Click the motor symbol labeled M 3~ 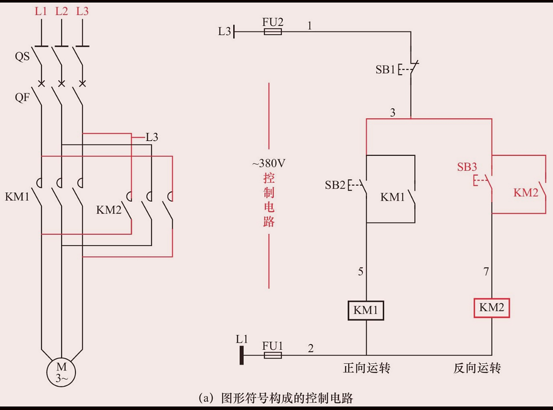pyautogui.click(x=61, y=372)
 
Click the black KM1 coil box pyautogui.click(x=366, y=310)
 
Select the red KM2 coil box pyautogui.click(x=492, y=308)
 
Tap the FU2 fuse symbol pyautogui.click(x=273, y=31)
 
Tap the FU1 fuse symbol pyautogui.click(x=273, y=355)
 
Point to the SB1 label pyautogui.click(x=385, y=70)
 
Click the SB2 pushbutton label pyautogui.click(x=335, y=185)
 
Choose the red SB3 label pyautogui.click(x=467, y=167)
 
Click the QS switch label pyautogui.click(x=22, y=56)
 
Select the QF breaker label pyautogui.click(x=22, y=97)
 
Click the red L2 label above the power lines pyautogui.click(x=61, y=11)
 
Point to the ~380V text pyautogui.click(x=268, y=163)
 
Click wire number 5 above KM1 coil pyautogui.click(x=360, y=272)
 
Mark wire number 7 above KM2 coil pyautogui.click(x=486, y=272)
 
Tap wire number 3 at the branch pyautogui.click(x=393, y=112)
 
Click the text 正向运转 pyautogui.click(x=367, y=368)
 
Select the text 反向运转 pyautogui.click(x=477, y=368)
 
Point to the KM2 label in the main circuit pyautogui.click(x=108, y=210)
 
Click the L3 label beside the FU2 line pyautogui.click(x=224, y=31)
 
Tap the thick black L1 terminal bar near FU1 pyautogui.click(x=242, y=355)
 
